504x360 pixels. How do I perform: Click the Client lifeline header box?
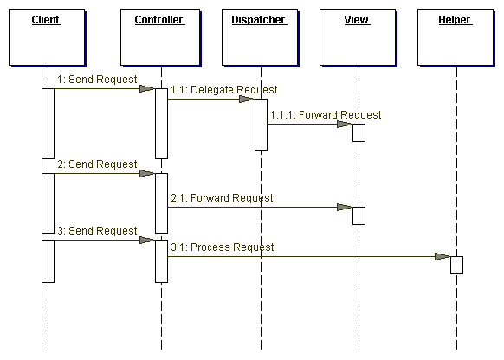pyautogui.click(x=47, y=37)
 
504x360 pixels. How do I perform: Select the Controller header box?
pyautogui.click(x=160, y=37)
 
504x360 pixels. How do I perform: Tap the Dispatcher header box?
pyautogui.click(x=260, y=37)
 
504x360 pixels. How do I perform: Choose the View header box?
pyautogui.click(x=358, y=37)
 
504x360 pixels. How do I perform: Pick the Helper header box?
pyautogui.click(x=456, y=37)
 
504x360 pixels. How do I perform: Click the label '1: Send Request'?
pyautogui.click(x=97, y=80)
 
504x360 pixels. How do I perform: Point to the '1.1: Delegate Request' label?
pyautogui.click(x=223, y=90)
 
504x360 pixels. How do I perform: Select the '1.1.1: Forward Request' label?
pyautogui.click(x=326, y=114)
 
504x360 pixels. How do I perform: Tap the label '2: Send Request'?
pyautogui.click(x=97, y=164)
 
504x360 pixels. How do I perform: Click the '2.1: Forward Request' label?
pyautogui.click(x=222, y=198)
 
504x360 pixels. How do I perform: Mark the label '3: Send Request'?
pyautogui.click(x=97, y=230)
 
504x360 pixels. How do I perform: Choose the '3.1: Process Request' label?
pyautogui.click(x=222, y=247)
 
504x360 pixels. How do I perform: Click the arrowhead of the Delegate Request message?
pyautogui.click(x=247, y=100)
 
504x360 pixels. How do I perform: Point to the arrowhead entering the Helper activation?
pyautogui.click(x=443, y=257)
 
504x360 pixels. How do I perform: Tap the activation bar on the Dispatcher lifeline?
pyautogui.click(x=261, y=125)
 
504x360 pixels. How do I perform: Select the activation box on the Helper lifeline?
pyautogui.click(x=456, y=265)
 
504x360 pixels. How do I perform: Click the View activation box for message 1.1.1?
pyautogui.click(x=359, y=132)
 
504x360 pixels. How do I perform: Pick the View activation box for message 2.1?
pyautogui.click(x=359, y=215)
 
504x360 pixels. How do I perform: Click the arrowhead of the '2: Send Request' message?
pyautogui.click(x=147, y=174)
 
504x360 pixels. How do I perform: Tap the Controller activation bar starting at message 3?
pyautogui.click(x=161, y=261)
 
